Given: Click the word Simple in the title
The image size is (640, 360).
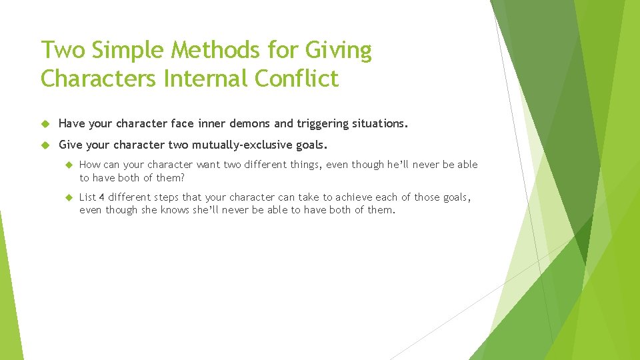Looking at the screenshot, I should tap(127, 51).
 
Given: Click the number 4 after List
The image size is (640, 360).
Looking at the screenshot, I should tap(102, 197).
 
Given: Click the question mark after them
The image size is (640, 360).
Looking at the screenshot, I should tap(183, 177).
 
